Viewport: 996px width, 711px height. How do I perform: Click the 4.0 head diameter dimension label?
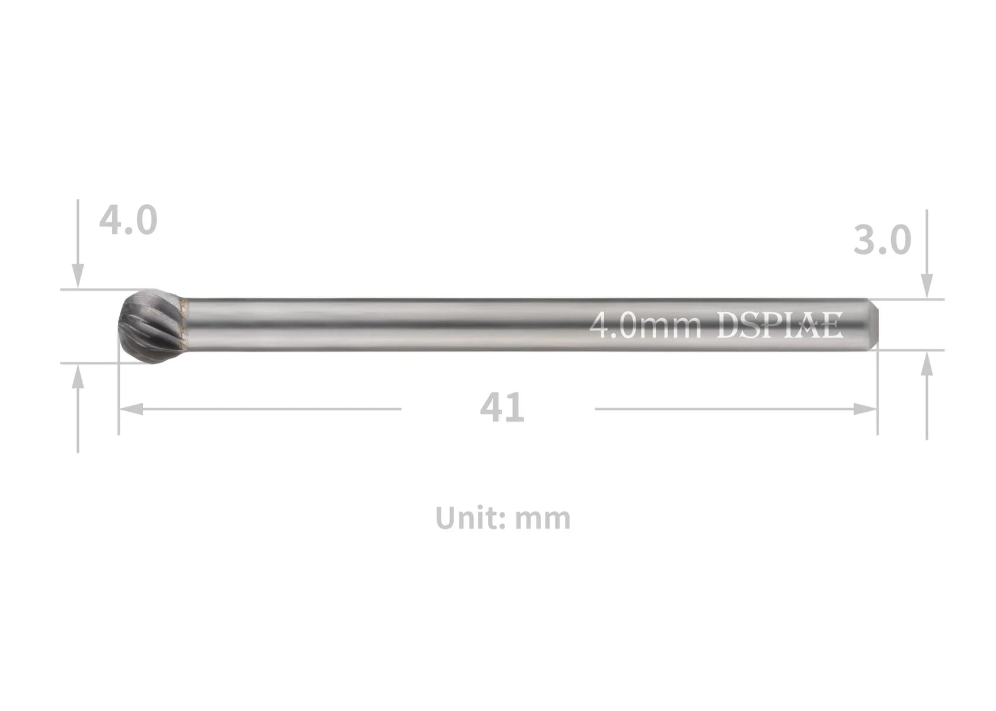pyautogui.click(x=128, y=220)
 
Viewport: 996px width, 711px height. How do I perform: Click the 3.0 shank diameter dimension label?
pyautogui.click(x=882, y=241)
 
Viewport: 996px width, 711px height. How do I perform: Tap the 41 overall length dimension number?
pyautogui.click(x=502, y=408)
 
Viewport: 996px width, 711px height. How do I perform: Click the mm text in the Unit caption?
pyautogui.click(x=543, y=518)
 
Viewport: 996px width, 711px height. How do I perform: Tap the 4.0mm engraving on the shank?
pyautogui.click(x=645, y=326)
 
